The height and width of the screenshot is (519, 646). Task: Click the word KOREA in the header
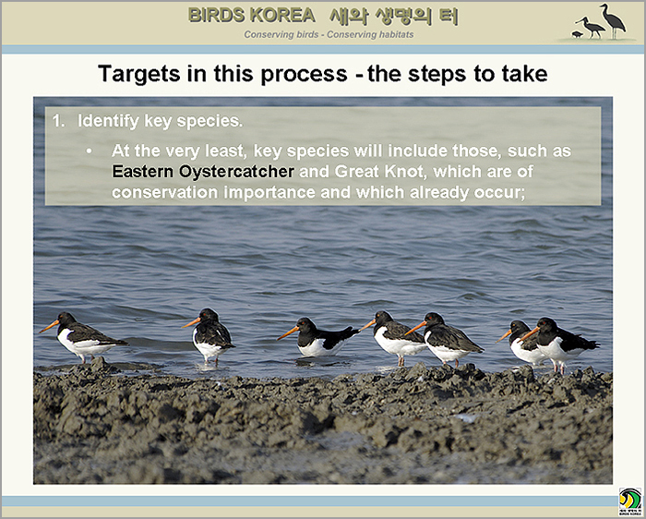(x=282, y=16)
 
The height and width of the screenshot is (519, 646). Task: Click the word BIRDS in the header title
(x=217, y=16)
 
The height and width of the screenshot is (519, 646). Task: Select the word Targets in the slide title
(x=139, y=75)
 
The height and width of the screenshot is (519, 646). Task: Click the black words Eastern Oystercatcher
(x=203, y=172)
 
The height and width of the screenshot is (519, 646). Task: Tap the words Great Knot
(x=379, y=171)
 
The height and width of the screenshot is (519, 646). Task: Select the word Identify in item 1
(x=108, y=121)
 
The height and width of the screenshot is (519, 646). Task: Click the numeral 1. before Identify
(x=59, y=121)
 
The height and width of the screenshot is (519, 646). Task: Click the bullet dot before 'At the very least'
(x=89, y=151)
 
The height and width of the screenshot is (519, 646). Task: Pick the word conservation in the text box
(x=164, y=192)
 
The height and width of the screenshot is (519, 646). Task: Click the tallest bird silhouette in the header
(x=613, y=20)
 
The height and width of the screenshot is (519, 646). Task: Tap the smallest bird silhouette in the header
(x=577, y=34)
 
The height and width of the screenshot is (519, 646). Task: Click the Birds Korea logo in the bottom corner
(x=630, y=501)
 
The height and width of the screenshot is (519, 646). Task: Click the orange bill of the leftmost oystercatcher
(x=49, y=327)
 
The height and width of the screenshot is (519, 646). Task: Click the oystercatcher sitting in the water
(x=318, y=338)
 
